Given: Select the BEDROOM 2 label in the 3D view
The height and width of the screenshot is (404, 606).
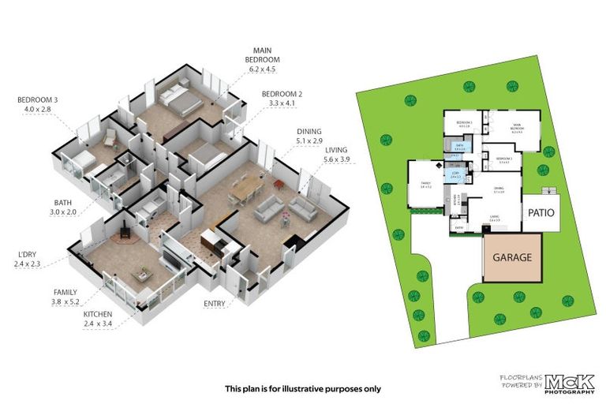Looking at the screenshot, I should point(282,98).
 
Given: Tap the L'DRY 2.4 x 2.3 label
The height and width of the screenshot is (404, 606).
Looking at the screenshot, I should point(30,258).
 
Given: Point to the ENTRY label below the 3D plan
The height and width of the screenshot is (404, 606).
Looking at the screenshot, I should point(214,303).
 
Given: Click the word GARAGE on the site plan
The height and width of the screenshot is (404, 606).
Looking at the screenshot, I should point(512,257).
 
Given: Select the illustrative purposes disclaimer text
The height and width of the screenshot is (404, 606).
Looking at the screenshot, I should point(302,388).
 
